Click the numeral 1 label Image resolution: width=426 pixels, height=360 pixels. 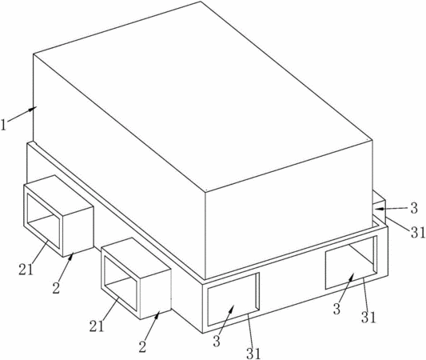pyautogui.click(x=3, y=125)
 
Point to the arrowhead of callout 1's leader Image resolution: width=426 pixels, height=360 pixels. pyautogui.click(x=34, y=108)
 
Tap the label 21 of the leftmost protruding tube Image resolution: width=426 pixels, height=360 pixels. pyautogui.click(x=26, y=270)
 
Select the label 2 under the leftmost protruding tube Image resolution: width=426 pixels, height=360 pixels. pyautogui.click(x=56, y=288)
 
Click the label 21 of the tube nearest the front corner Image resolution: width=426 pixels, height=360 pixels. pyautogui.click(x=97, y=326)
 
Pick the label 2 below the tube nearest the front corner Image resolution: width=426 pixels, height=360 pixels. pyautogui.click(x=142, y=346)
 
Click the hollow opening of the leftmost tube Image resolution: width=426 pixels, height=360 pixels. pyautogui.click(x=43, y=220)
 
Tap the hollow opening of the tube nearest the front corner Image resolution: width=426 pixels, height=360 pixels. pyautogui.click(x=121, y=282)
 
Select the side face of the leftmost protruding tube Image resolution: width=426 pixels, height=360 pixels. pyautogui.click(x=78, y=231)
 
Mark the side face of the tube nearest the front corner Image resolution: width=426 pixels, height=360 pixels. pyautogui.click(x=155, y=294)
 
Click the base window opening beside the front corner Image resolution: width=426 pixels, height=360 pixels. pyautogui.click(x=232, y=300)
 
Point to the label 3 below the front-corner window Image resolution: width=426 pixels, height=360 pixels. pyautogui.click(x=217, y=342)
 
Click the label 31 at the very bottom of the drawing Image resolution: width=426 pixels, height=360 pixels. pyautogui.click(x=253, y=354)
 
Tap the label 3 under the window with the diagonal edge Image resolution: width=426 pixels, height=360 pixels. pyautogui.click(x=336, y=309)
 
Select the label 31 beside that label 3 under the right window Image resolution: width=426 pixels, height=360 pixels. pyautogui.click(x=368, y=317)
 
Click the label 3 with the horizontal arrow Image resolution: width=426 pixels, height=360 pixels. pyautogui.click(x=413, y=209)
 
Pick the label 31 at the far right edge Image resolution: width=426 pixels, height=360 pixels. pyautogui.click(x=417, y=233)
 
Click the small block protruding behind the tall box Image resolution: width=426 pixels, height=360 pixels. pyautogui.click(x=380, y=206)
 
